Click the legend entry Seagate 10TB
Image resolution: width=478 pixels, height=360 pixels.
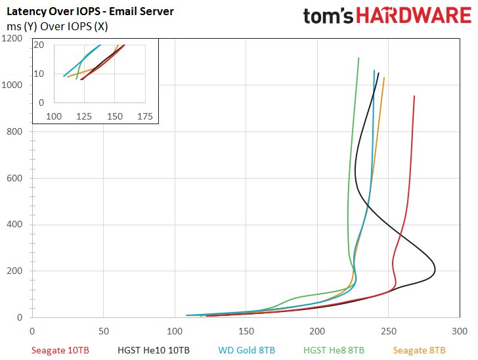(60, 350)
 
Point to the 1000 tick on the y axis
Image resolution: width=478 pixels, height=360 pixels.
(14, 85)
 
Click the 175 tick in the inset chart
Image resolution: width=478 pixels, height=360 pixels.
(144, 116)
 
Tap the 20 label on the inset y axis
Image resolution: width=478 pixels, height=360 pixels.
(39, 45)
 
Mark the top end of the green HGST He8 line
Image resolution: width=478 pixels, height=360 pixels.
(358, 58)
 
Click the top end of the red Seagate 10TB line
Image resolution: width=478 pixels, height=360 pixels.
(414, 96)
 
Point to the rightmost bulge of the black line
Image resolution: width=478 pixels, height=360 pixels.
(435, 269)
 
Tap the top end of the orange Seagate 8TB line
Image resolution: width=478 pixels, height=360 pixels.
(384, 78)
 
